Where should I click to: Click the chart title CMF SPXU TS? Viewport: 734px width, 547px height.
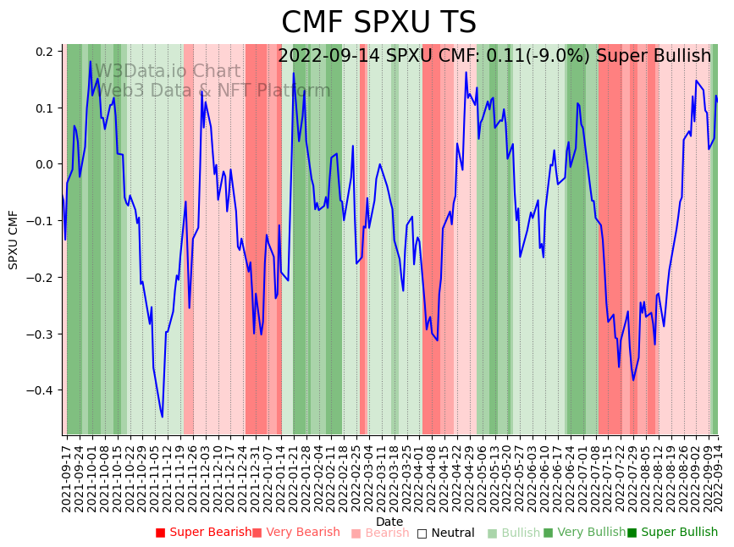click(378, 23)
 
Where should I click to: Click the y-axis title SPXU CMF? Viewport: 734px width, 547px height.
click(14, 240)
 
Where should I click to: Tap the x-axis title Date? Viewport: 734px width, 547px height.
click(389, 522)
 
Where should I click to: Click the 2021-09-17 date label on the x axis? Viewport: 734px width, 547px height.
click(68, 478)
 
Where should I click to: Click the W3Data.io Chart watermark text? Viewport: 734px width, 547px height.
click(168, 72)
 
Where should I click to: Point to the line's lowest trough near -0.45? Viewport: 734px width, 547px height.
click(163, 417)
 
